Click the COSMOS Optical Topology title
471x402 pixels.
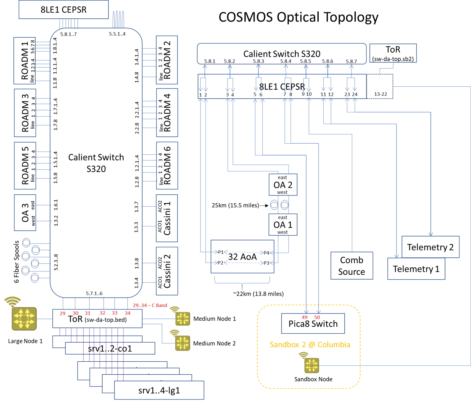(298, 17)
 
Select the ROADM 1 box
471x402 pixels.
(24, 60)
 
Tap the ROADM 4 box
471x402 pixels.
(167, 113)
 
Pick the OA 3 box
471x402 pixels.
(25, 212)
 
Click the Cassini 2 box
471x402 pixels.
(167, 271)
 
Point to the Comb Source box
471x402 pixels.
(351, 266)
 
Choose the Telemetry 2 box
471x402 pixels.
(430, 247)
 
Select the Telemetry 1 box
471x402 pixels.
(416, 269)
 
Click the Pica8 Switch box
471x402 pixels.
(313, 324)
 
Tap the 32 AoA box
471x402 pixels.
(242, 257)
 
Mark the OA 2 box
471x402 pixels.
(283, 185)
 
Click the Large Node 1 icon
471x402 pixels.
(24, 319)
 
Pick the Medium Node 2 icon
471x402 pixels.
(183, 343)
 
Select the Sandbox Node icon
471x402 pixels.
(312, 365)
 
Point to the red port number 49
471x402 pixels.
(305, 317)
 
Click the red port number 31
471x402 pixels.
(88, 313)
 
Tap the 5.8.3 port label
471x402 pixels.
(259, 61)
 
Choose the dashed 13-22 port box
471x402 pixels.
(380, 86)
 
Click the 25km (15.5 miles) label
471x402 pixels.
(235, 205)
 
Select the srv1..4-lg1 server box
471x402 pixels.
(159, 390)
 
